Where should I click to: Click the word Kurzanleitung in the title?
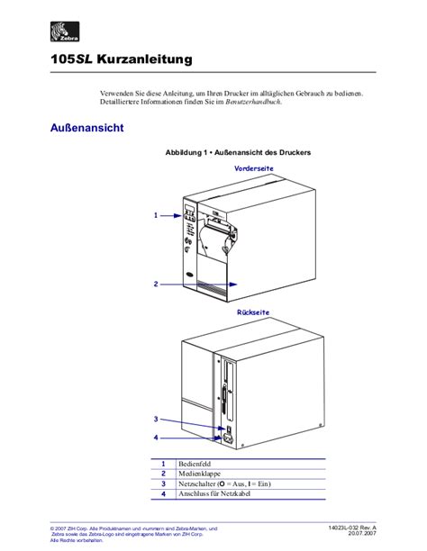click(x=148, y=60)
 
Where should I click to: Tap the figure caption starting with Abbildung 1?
click(x=238, y=153)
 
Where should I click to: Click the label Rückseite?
click(x=253, y=312)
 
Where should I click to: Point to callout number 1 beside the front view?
click(x=156, y=215)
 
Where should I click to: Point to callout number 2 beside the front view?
click(x=156, y=284)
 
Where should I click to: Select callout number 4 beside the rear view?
click(x=156, y=438)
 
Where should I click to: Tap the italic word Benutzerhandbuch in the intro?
click(x=256, y=102)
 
